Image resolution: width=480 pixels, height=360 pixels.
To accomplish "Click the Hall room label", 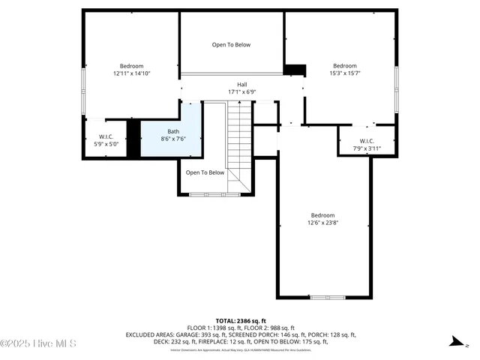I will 241,85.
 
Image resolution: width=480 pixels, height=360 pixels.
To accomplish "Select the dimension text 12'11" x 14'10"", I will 132,73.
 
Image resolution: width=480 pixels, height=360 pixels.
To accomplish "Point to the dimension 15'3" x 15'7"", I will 345,73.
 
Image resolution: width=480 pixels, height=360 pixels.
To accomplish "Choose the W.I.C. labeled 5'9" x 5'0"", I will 105,139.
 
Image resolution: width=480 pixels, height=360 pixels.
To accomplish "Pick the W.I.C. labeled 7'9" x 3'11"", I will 367,145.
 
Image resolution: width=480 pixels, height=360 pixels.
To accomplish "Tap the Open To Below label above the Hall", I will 231,45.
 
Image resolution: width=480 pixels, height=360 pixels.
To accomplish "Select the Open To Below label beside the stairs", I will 205,172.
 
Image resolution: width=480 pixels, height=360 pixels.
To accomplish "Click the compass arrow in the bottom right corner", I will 454,342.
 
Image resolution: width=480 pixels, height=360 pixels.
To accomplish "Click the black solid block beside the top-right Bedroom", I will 295,70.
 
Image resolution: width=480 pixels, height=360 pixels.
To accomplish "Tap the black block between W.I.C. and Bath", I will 133,139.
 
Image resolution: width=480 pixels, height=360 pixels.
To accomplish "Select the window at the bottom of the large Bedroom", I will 328,298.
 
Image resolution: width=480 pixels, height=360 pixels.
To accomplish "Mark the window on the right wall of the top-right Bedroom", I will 396,79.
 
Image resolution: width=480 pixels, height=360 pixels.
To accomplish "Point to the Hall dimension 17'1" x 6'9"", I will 241,92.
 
